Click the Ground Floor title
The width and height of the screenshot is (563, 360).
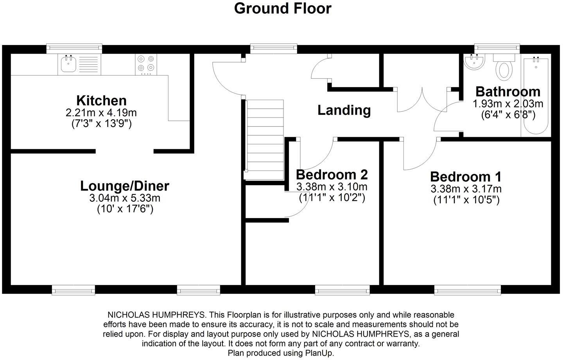(x=283, y=9)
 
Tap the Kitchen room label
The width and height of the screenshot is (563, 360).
(x=101, y=100)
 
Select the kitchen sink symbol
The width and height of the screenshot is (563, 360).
(x=69, y=64)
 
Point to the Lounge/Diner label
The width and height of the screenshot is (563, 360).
(x=125, y=186)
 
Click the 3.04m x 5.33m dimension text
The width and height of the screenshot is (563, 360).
(x=125, y=198)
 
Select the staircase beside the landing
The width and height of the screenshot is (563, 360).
(x=265, y=139)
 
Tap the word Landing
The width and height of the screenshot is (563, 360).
(x=344, y=110)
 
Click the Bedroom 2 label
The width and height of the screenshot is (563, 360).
(x=332, y=174)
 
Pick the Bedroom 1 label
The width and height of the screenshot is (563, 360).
(x=466, y=177)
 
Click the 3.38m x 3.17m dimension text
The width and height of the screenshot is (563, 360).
(x=466, y=189)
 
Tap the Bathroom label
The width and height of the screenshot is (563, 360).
(x=507, y=92)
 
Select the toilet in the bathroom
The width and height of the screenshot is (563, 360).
(x=504, y=68)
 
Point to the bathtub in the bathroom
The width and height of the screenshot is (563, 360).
(x=536, y=96)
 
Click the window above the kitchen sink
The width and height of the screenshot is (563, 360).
(x=74, y=49)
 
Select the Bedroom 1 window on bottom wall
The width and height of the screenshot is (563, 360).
(x=467, y=290)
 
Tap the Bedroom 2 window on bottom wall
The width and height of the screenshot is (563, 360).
(x=342, y=290)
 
